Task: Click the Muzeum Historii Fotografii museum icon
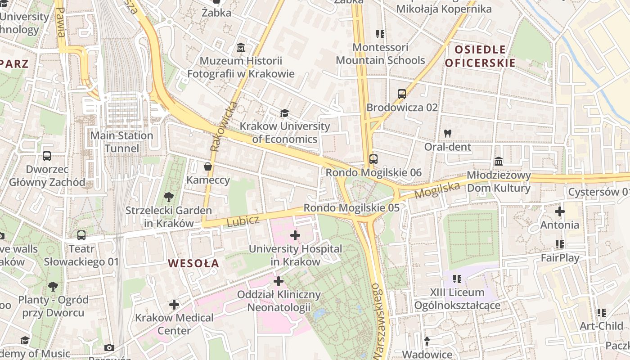[x=241, y=48]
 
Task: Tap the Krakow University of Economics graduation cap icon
[x=284, y=113]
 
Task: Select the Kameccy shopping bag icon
[x=208, y=167]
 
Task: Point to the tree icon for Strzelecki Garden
[x=169, y=197]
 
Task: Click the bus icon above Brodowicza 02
[x=402, y=94]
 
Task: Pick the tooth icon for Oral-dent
[x=447, y=133]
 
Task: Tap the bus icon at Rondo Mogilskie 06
[x=373, y=159]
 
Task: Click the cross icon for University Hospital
[x=295, y=235]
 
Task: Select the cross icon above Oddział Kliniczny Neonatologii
[x=279, y=281]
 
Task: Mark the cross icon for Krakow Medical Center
[x=174, y=305]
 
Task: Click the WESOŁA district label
[x=193, y=264]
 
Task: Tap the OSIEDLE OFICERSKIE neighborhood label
[x=480, y=56]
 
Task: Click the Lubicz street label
[x=243, y=221]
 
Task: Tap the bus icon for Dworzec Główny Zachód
[x=47, y=156]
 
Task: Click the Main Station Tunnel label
[x=121, y=142]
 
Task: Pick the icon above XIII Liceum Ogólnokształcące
[x=457, y=279]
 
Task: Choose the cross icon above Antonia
[x=560, y=211]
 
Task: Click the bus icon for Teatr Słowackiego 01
[x=81, y=235]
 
